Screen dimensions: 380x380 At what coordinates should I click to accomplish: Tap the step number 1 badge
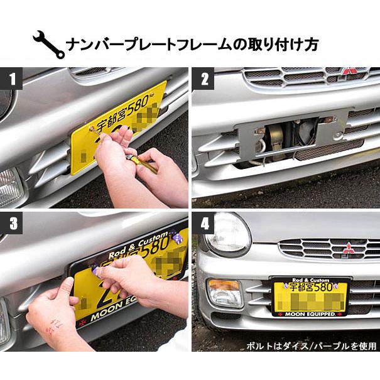(11, 80)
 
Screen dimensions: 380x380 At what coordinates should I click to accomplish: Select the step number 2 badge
(205, 80)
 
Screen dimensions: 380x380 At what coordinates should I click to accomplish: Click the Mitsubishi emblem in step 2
(349, 72)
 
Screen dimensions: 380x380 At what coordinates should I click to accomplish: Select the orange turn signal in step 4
(224, 292)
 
